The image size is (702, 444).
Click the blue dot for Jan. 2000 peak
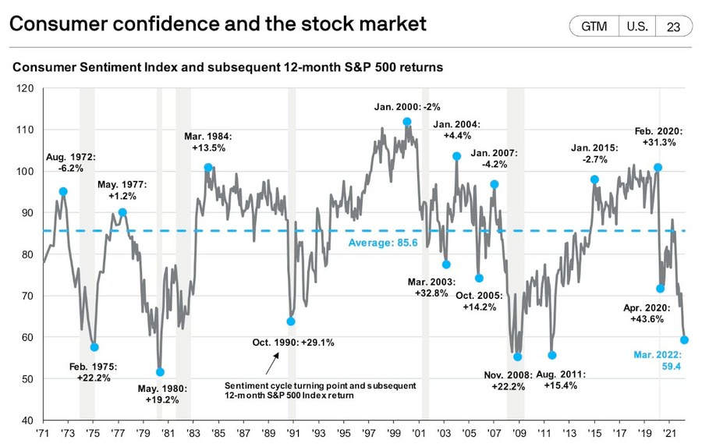(x=407, y=122)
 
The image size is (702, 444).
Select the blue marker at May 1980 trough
(x=161, y=372)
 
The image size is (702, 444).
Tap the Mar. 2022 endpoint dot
(x=684, y=339)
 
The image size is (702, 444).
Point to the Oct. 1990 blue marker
(x=291, y=321)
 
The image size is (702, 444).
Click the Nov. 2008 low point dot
(x=517, y=357)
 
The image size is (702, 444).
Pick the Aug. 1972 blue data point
(x=63, y=191)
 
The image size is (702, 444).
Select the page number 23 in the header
(x=673, y=26)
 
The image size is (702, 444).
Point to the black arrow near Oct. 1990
(x=271, y=362)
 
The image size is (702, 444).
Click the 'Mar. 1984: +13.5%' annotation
(x=214, y=141)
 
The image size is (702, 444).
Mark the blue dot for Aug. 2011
(x=552, y=355)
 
